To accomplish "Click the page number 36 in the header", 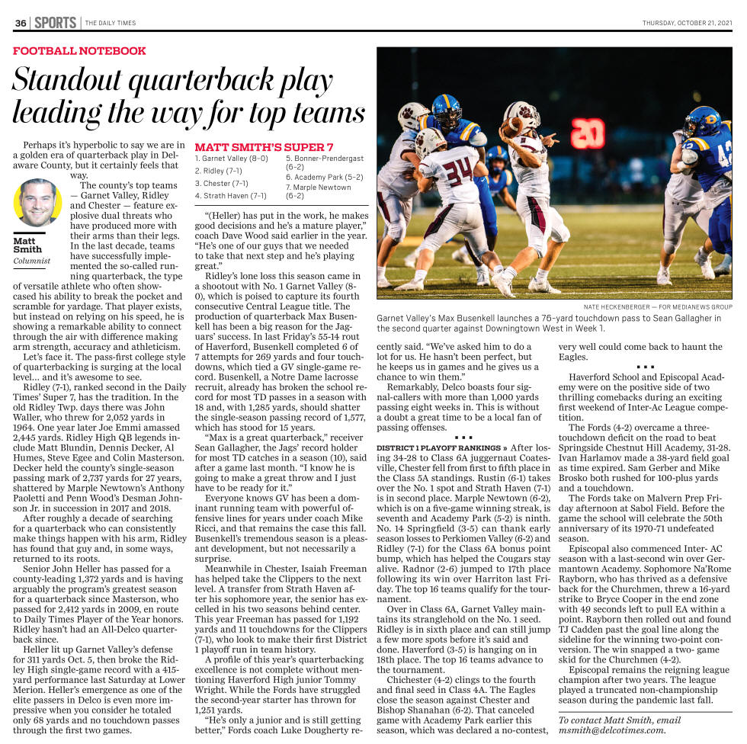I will pyautogui.click(x=21, y=23).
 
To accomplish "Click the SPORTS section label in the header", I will pyautogui.click(x=55, y=23).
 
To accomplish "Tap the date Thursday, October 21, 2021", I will pyautogui.click(x=687, y=23).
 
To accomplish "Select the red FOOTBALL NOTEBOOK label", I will pyautogui.click(x=79, y=51).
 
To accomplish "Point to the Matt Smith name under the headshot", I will pyautogui.click(x=27, y=245).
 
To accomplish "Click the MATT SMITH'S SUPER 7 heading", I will pyautogui.click(x=264, y=146).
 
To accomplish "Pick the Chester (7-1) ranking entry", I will pyautogui.click(x=221, y=183).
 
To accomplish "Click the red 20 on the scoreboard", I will pyautogui.click(x=588, y=134).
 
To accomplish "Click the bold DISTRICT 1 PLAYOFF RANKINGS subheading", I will pyautogui.click(x=441, y=447).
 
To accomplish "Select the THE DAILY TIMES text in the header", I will pyautogui.click(x=111, y=23).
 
